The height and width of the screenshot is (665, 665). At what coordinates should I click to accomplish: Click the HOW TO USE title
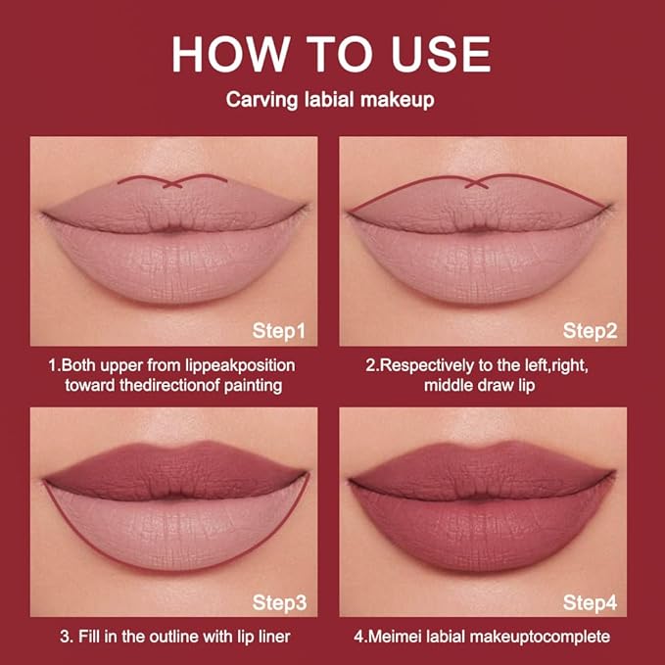[331, 55]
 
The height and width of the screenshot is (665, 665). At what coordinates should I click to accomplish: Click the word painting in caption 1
[251, 385]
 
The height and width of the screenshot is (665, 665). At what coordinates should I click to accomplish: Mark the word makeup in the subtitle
[405, 99]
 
